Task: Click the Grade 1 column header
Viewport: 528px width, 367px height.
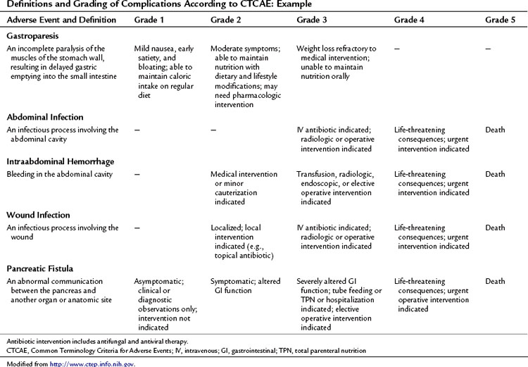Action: click(x=150, y=20)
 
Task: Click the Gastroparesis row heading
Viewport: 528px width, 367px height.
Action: click(x=34, y=35)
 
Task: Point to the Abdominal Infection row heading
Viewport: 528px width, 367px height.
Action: click(x=45, y=117)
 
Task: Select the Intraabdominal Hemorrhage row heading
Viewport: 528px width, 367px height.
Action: click(x=61, y=161)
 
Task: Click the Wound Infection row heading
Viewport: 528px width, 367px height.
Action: click(x=39, y=214)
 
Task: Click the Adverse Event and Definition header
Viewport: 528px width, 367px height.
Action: click(x=60, y=20)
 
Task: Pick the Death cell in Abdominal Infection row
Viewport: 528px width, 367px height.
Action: click(x=496, y=130)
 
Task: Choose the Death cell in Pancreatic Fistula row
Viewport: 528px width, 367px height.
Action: click(x=496, y=281)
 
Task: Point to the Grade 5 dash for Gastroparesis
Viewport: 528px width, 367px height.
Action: click(x=489, y=49)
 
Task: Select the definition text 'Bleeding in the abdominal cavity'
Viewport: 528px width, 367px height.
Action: click(x=62, y=174)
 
